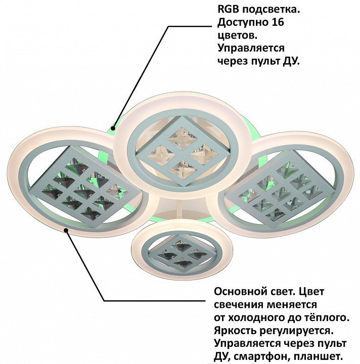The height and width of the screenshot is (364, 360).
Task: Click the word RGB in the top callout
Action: [x=228, y=10]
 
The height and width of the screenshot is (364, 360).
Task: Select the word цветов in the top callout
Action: [x=237, y=36]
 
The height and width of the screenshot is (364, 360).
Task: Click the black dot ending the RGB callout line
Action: [x=113, y=128]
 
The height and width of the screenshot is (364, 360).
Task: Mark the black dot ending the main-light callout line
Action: [x=66, y=230]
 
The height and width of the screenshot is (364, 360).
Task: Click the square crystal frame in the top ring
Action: [x=183, y=152]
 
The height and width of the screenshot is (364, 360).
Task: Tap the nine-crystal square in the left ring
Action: [x=84, y=187]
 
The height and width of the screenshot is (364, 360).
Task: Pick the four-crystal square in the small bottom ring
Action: [x=182, y=253]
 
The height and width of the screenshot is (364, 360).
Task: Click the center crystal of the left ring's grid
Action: [x=84, y=191]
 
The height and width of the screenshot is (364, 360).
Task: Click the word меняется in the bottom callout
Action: [x=292, y=304]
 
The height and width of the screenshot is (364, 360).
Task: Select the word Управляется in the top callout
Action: [x=251, y=49]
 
